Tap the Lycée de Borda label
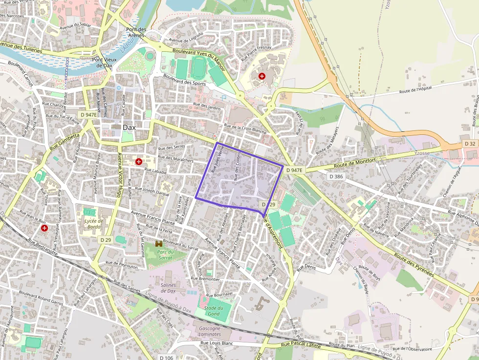tap(93, 224)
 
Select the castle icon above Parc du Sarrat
tap(159, 243)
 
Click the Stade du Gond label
tap(214, 311)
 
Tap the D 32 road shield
tap(469, 144)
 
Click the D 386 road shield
tap(336, 176)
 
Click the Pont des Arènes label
tap(136, 32)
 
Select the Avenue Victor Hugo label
tap(119, 174)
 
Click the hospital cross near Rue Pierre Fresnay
tap(262, 76)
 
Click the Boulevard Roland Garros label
tap(41, 297)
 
